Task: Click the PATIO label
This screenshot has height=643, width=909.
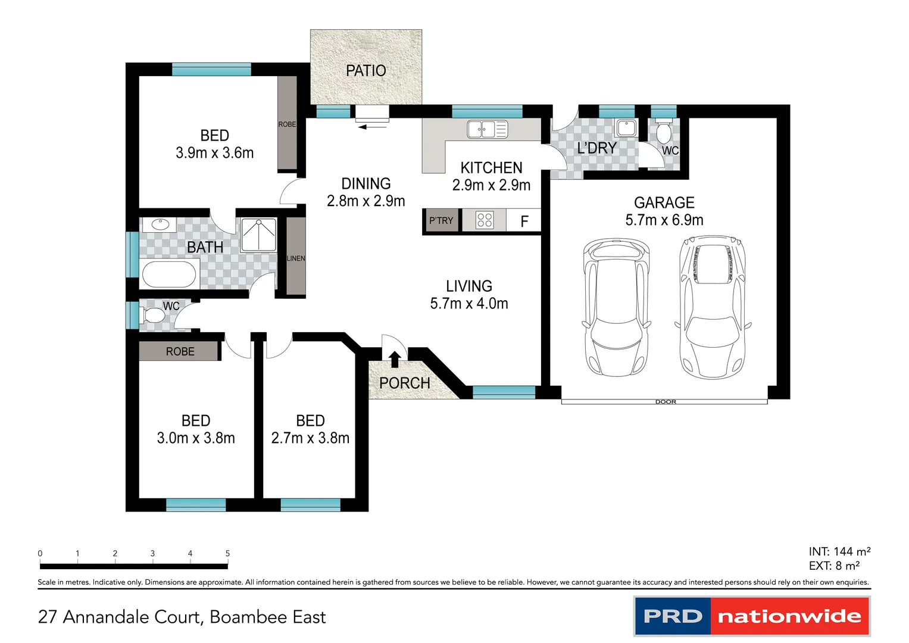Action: (366, 70)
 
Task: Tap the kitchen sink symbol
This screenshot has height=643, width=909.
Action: (487, 129)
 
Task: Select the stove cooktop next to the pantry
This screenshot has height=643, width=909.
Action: (485, 220)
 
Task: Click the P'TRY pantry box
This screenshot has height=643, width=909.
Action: (441, 220)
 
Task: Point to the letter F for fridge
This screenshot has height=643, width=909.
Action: (524, 221)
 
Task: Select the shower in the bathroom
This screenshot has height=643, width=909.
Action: (259, 235)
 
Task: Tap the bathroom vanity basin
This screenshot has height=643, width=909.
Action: (160, 224)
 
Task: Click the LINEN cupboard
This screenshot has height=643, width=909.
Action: (296, 257)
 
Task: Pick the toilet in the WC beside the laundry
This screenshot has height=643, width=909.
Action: (663, 132)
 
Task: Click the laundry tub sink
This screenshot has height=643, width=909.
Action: (626, 127)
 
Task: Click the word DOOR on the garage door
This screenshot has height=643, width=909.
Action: (666, 402)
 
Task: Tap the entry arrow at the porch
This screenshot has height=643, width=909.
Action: (394, 359)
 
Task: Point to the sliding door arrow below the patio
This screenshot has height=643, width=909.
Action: (371, 126)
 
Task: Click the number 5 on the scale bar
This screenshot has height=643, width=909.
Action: (227, 553)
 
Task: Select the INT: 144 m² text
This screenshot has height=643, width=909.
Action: (839, 551)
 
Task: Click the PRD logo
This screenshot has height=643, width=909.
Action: (673, 616)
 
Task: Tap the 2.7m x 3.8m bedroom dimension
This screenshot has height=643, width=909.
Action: (310, 438)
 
